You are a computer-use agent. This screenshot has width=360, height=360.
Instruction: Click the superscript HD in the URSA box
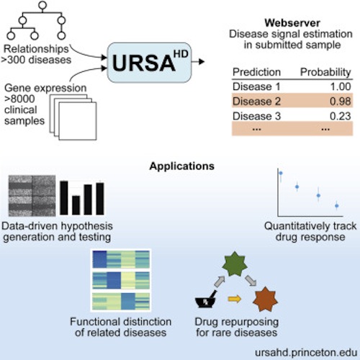tap(181, 54)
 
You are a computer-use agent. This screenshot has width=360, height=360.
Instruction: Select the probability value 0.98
tap(341, 102)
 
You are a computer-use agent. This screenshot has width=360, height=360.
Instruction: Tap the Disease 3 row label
tap(256, 116)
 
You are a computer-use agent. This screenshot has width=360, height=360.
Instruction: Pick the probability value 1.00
tap(341, 86)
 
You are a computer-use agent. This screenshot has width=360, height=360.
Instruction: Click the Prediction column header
tap(256, 72)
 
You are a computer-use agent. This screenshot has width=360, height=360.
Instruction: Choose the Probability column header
tap(325, 73)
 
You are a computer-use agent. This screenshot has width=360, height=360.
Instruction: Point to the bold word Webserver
tap(292, 23)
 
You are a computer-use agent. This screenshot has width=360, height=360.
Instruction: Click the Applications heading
tap(182, 166)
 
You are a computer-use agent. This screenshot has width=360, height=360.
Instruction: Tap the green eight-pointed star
tap(235, 264)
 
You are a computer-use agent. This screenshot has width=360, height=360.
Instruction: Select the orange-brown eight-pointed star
tap(266, 299)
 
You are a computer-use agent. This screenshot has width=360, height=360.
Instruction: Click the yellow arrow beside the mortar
tap(235, 299)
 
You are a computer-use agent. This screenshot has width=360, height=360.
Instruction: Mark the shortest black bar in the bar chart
tap(76, 205)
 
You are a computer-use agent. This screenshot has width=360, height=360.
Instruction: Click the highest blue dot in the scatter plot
tap(281, 173)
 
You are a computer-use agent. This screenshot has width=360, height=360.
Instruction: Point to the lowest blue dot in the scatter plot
tap(337, 206)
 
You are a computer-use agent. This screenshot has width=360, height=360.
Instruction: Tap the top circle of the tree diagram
tap(42, 4)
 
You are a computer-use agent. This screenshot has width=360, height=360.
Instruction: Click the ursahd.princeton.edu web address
tap(306, 353)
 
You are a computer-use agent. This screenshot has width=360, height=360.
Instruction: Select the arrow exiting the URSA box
tap(198, 62)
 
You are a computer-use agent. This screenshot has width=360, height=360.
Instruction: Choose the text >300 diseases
tap(36, 60)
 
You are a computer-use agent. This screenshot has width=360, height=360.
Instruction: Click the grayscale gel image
tap(32, 196)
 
